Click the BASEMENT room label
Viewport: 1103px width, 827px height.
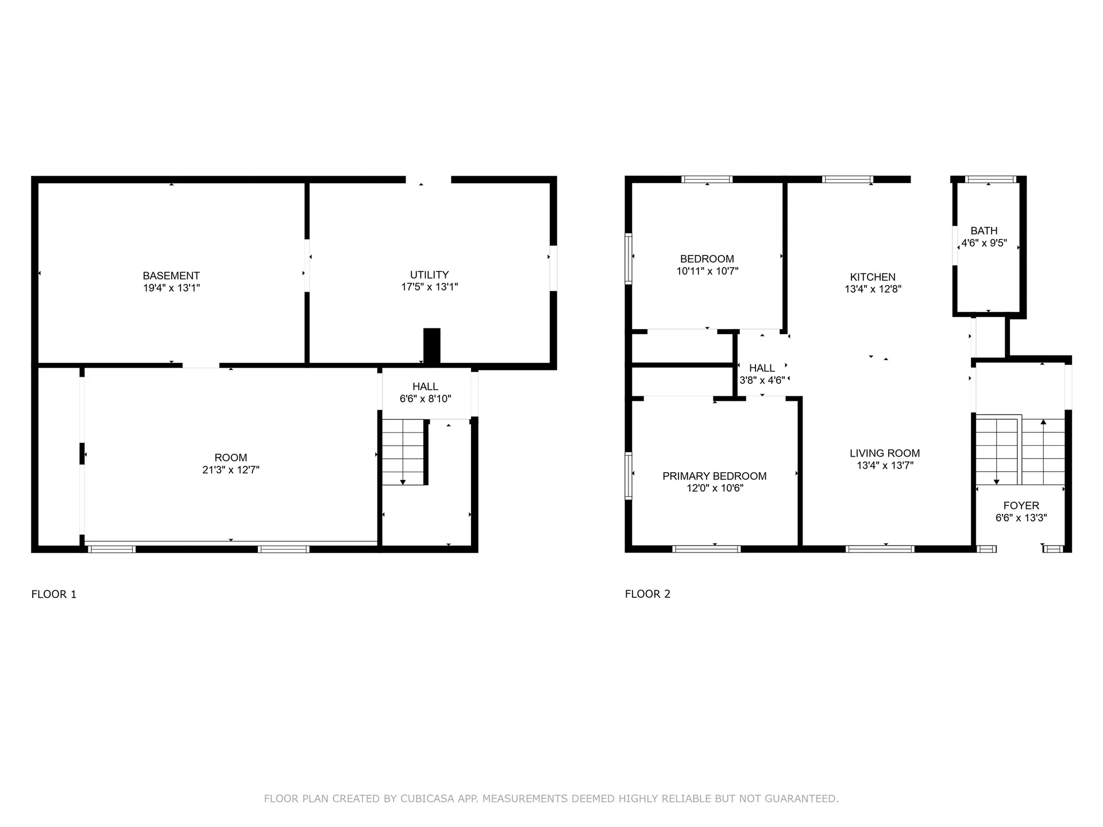[x=171, y=276]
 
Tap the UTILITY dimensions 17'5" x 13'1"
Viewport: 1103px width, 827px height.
[x=429, y=287]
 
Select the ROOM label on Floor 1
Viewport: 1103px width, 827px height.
[x=230, y=458]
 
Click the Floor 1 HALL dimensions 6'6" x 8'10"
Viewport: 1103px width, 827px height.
[x=425, y=399]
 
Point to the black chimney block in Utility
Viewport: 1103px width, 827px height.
[x=432, y=346]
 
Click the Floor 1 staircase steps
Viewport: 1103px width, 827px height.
[x=403, y=451]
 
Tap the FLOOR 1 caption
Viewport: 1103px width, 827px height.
[x=53, y=594]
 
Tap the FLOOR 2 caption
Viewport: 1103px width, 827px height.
[x=647, y=594]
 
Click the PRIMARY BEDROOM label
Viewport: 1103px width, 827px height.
[x=714, y=476]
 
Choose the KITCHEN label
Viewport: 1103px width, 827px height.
[x=873, y=277]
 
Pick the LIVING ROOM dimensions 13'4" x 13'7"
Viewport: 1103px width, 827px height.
[x=885, y=466]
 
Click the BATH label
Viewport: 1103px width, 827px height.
[x=984, y=231]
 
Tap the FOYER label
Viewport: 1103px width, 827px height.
[x=1021, y=506]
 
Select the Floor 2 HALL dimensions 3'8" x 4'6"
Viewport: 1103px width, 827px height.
[x=762, y=380]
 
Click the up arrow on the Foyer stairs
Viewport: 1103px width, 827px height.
[x=1043, y=423]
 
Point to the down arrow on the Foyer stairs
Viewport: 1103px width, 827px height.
[x=996, y=481]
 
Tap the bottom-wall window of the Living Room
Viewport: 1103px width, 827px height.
[x=880, y=550]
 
